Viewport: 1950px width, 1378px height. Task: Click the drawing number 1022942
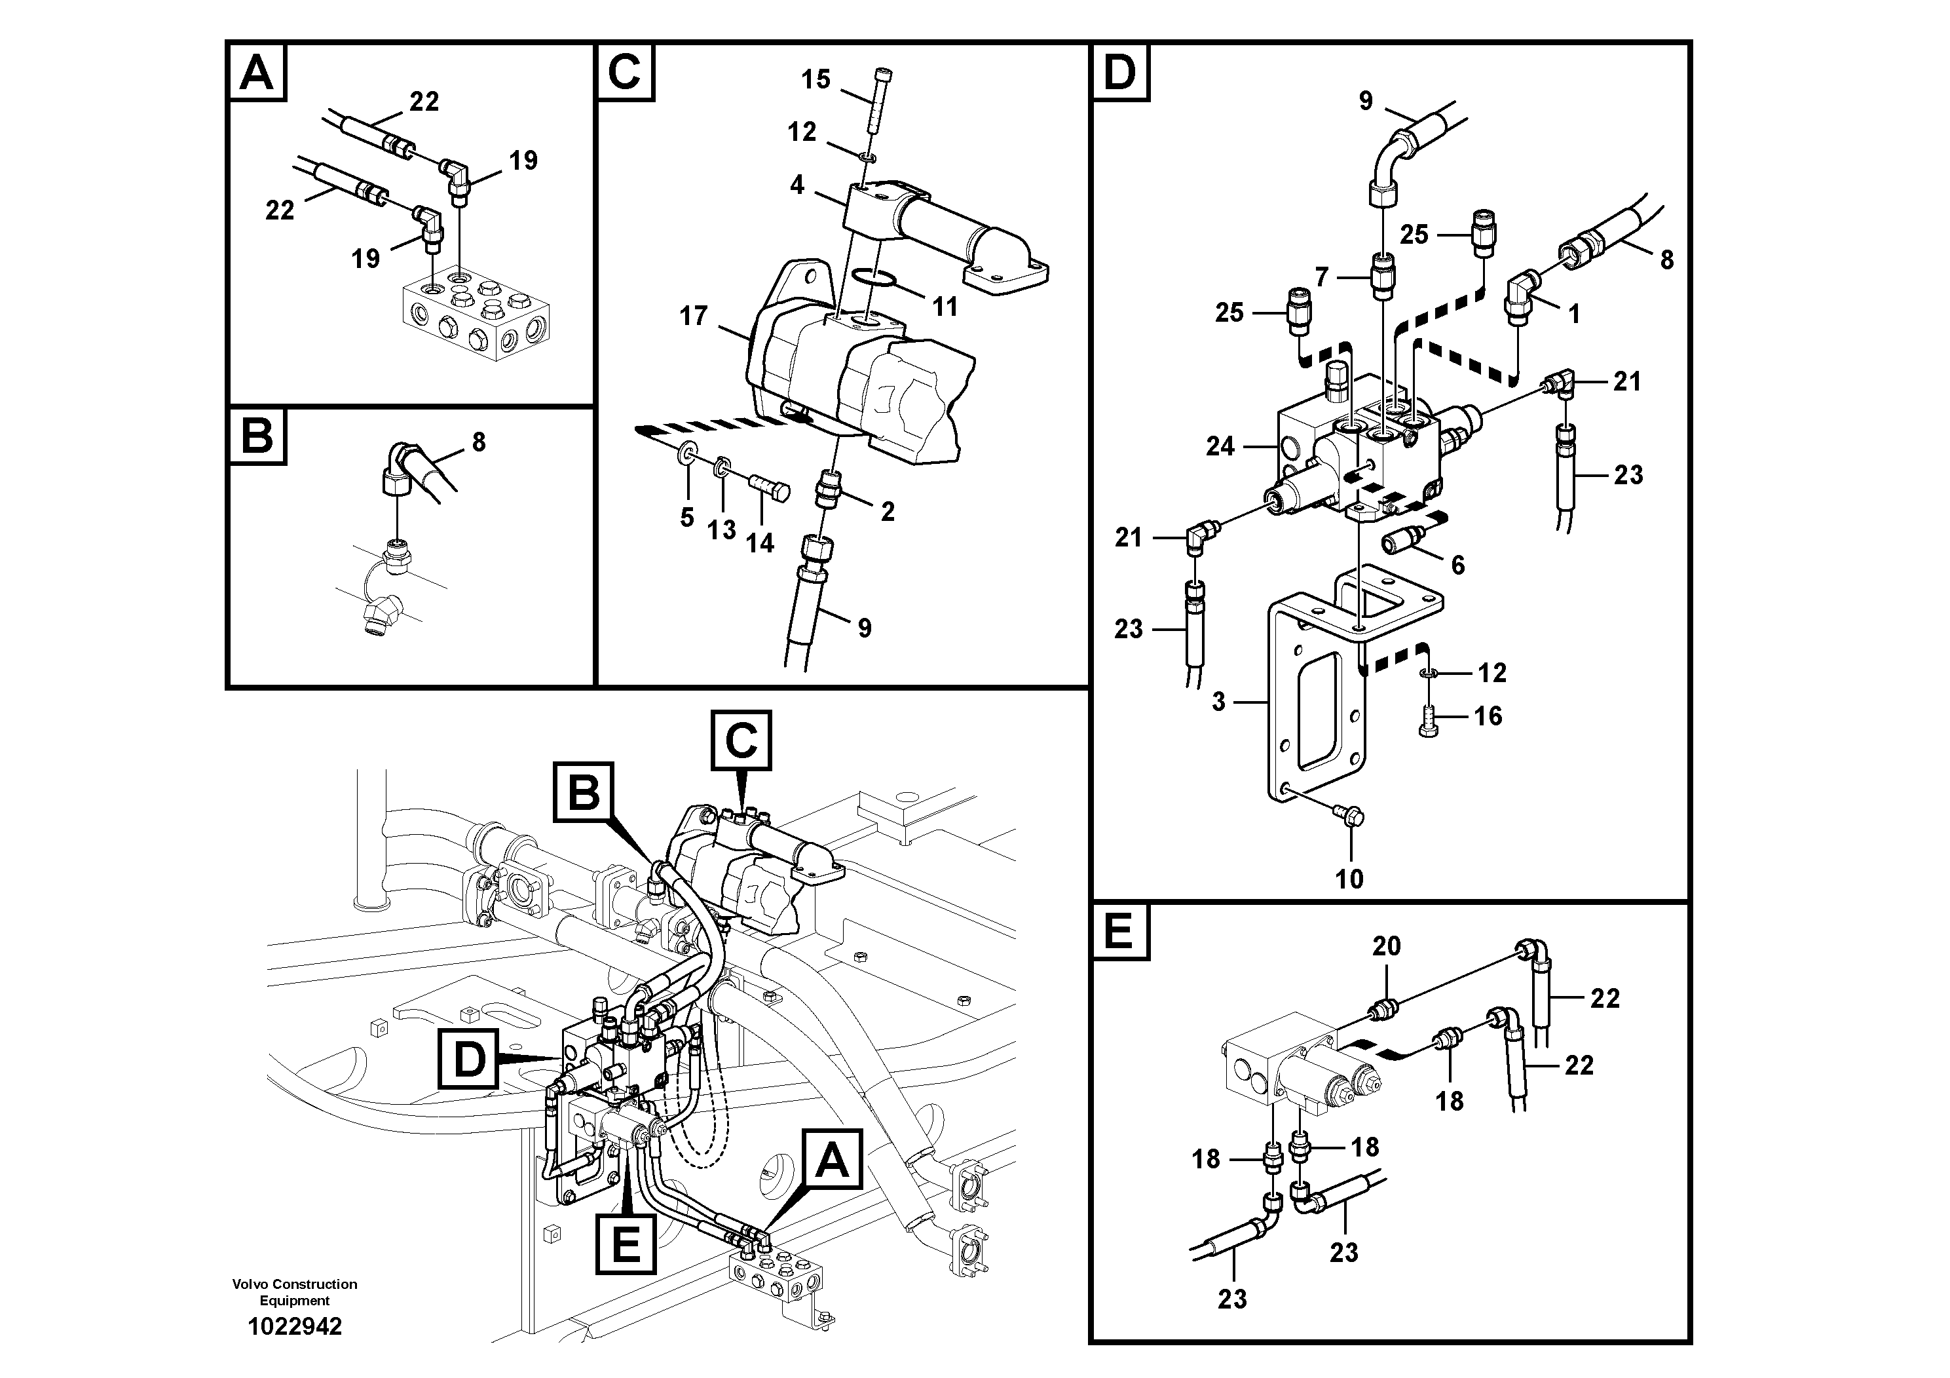pyautogui.click(x=294, y=1326)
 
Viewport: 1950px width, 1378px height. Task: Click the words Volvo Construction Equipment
pyautogui.click(x=294, y=1292)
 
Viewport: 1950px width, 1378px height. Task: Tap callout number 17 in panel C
pyautogui.click(x=693, y=316)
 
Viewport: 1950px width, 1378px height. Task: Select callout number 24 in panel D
pyautogui.click(x=1220, y=446)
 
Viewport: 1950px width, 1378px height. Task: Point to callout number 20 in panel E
pyautogui.click(x=1386, y=946)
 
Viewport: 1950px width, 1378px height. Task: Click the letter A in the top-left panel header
pyautogui.click(x=257, y=72)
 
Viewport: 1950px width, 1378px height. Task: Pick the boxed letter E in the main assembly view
pyautogui.click(x=626, y=1246)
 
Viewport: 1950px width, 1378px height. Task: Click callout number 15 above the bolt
pyautogui.click(x=816, y=80)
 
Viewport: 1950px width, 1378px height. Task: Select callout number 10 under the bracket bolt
pyautogui.click(x=1349, y=879)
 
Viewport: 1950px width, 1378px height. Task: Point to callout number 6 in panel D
pyautogui.click(x=1457, y=565)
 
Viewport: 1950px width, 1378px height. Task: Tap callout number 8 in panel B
pyautogui.click(x=479, y=442)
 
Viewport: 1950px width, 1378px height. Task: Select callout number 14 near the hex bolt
pyautogui.click(x=759, y=542)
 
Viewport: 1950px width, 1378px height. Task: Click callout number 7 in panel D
pyautogui.click(x=1322, y=277)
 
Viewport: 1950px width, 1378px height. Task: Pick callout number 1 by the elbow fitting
pyautogui.click(x=1574, y=315)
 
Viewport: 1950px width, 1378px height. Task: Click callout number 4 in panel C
pyautogui.click(x=797, y=184)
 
